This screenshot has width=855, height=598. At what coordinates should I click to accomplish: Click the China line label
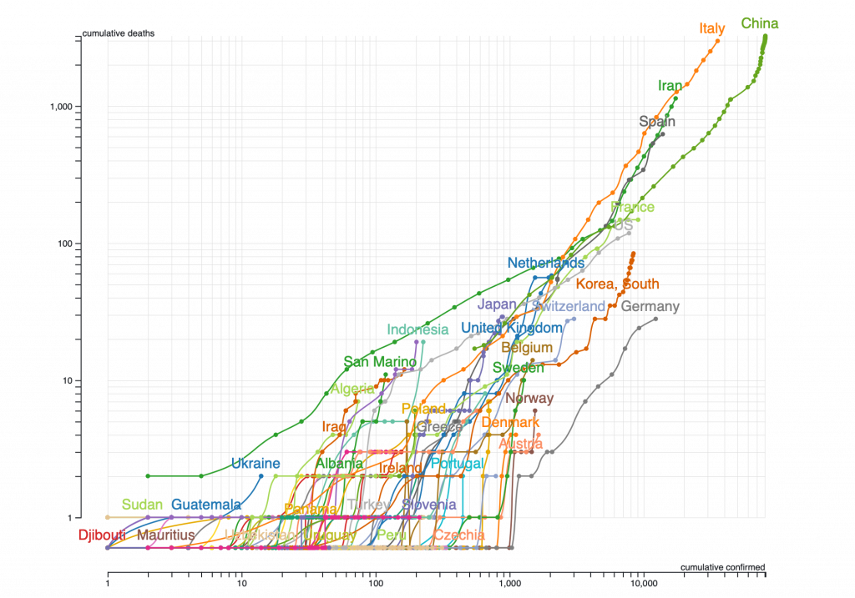(760, 23)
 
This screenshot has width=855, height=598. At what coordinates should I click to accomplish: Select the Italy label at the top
(712, 28)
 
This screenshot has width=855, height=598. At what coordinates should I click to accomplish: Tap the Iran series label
(670, 85)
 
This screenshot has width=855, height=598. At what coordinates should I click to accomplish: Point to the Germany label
(651, 306)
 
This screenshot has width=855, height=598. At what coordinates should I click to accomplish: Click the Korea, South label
(617, 284)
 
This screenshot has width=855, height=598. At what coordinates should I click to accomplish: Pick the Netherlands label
(546, 264)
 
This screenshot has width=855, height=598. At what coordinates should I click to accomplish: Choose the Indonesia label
(418, 330)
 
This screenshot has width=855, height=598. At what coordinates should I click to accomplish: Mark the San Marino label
(379, 362)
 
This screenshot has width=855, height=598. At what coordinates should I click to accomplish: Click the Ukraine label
(255, 463)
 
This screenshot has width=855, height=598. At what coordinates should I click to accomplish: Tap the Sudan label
(142, 505)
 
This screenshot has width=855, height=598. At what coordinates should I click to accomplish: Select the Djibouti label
(102, 535)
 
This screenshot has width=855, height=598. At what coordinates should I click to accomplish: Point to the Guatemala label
(207, 505)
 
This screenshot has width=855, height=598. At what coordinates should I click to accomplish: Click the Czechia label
(459, 535)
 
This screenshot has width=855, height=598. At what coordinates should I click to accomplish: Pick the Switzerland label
(569, 306)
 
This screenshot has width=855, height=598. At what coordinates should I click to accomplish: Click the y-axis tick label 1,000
(63, 107)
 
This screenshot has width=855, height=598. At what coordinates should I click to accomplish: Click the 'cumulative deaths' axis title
(119, 33)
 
